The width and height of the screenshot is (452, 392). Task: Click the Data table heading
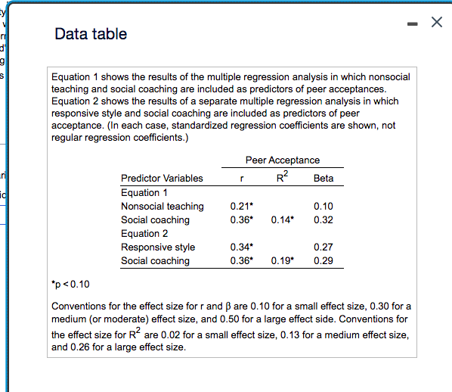pos(91,34)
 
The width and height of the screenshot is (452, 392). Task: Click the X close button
pos(435,23)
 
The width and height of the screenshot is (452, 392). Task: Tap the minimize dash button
pos(410,24)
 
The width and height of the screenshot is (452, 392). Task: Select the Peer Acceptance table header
pos(283,160)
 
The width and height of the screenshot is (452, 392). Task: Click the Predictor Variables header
pos(162,179)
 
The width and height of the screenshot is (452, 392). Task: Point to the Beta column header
pos(323,179)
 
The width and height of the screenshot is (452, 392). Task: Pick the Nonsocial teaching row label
pos(163,206)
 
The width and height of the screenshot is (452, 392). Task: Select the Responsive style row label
pos(158,247)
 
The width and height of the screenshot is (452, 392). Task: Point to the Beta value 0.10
pos(323,206)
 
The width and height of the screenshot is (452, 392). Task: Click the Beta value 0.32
pos(323,220)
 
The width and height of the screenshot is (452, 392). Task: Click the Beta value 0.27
pos(323,247)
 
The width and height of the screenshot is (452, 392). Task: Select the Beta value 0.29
pos(323,261)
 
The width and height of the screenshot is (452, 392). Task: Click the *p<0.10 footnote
pos(70,285)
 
